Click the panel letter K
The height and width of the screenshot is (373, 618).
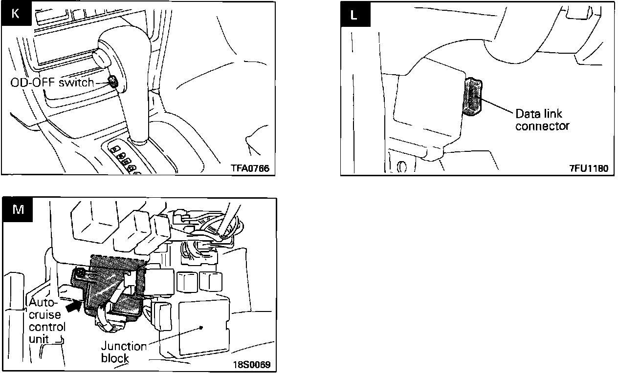[16, 14]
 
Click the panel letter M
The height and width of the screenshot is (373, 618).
[18, 210]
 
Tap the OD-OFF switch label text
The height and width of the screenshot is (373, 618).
[52, 83]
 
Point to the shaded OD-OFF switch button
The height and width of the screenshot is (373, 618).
[114, 83]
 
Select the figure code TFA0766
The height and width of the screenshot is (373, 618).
[249, 168]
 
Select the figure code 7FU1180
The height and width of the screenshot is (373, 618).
[589, 168]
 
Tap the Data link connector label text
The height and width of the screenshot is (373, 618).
[542, 120]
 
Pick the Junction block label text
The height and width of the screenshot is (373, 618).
[124, 352]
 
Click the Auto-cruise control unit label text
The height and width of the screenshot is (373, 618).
[46, 320]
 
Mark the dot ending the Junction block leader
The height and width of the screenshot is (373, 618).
[201, 328]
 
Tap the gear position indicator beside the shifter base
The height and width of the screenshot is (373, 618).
[123, 157]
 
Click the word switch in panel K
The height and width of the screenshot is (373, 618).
[76, 83]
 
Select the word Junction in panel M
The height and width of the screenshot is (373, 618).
[124, 346]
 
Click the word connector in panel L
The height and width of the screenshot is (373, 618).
[542, 126]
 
